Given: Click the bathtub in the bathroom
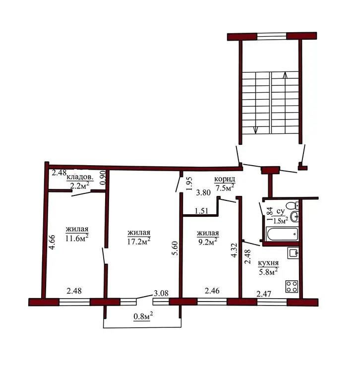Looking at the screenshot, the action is (282, 234).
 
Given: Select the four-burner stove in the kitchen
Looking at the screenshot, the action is (292, 286).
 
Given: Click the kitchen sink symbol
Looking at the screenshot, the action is (293, 253).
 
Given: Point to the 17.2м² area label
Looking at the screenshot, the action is (139, 241).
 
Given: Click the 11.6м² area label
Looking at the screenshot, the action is (77, 238).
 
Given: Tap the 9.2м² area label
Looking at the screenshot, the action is (207, 242).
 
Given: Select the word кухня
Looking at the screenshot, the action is (268, 263).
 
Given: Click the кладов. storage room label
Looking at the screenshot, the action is (80, 177).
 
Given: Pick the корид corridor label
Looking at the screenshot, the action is (225, 179).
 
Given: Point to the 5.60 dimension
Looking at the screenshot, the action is (175, 248).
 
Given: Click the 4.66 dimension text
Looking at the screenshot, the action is (52, 242).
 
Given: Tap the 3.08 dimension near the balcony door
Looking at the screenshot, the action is (161, 293).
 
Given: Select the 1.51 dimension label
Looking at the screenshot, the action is (202, 211).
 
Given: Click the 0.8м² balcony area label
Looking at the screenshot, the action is (143, 316).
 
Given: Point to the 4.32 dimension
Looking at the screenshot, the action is (235, 250).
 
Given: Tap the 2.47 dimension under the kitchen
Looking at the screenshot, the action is (264, 294).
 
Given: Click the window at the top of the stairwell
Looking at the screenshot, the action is (272, 36).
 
